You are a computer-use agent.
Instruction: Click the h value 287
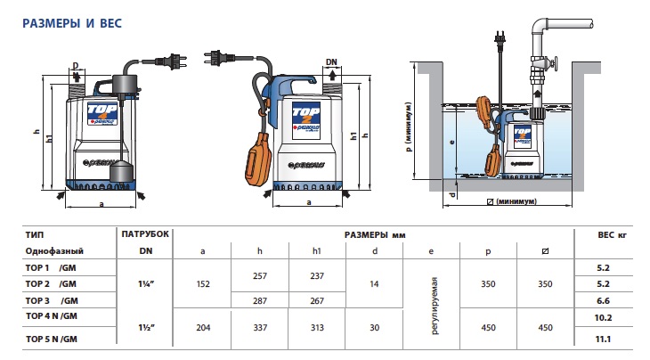pos(260,299)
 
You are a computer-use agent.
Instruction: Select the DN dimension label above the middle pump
pos(331,61)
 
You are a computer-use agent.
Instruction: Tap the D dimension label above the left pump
pos(77,66)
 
